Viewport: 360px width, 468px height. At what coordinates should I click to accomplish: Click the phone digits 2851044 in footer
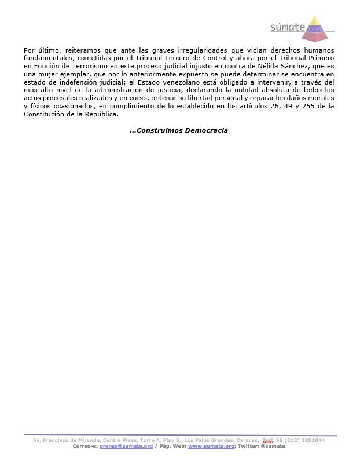[311, 440]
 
